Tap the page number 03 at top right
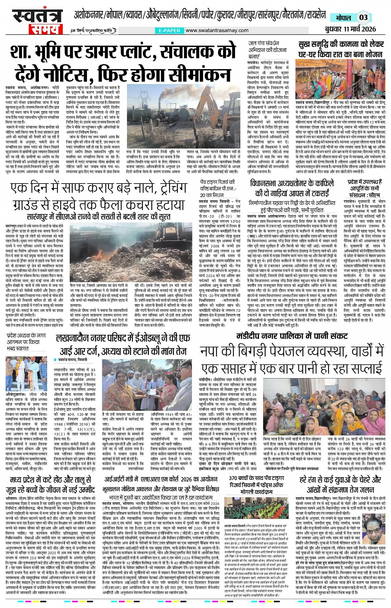click(x=363, y=17)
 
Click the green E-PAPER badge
click(x=169, y=31)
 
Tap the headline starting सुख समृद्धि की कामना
click(x=341, y=49)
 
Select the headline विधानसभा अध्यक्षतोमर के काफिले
click(x=291, y=188)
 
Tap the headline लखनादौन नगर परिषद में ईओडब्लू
click(x=123, y=345)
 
